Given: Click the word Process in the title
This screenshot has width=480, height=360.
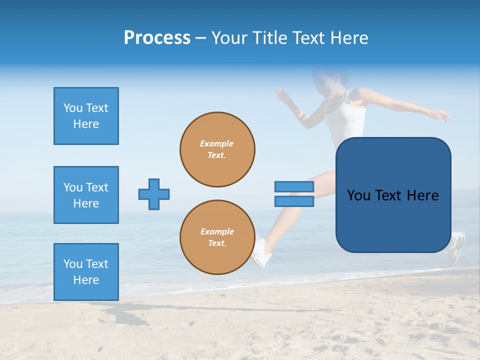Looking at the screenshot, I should tap(157, 38).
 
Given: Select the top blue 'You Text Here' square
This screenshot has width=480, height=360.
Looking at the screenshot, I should tap(86, 116).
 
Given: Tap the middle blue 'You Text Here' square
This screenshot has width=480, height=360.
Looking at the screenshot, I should tap(86, 195).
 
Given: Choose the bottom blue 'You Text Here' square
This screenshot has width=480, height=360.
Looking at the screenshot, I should tap(86, 272).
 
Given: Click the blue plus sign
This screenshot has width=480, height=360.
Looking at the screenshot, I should tap(154, 194).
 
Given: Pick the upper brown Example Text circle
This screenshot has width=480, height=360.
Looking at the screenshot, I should tap(217, 149).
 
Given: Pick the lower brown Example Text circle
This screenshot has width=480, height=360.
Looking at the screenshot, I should tap(217, 237).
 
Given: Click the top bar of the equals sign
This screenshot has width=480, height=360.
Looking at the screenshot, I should tap(294, 186).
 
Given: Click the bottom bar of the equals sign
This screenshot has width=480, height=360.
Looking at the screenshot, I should tap(294, 201).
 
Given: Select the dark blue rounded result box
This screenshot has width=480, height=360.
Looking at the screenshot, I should tap(393, 195).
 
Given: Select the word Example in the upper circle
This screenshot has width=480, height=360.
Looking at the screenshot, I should tap(216, 143).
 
